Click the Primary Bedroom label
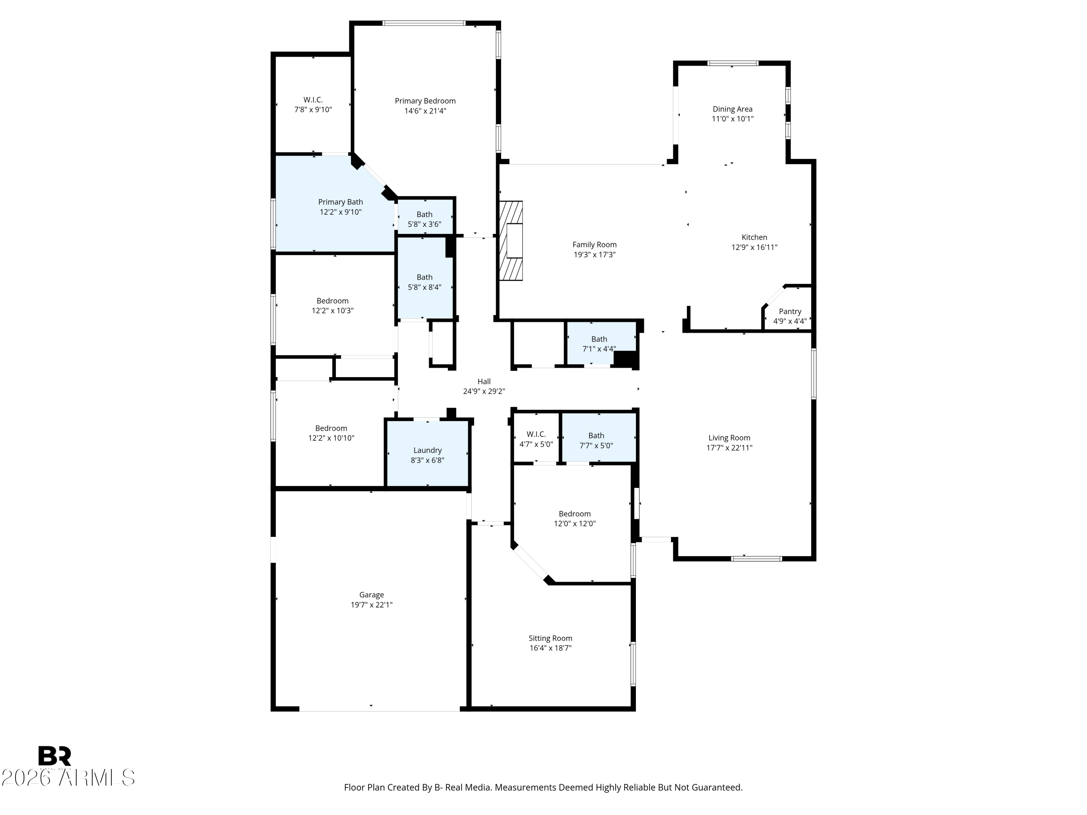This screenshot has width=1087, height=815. coord(425,101)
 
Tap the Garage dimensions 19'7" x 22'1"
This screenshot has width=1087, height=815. coord(371,605)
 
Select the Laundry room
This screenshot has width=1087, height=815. coord(427,455)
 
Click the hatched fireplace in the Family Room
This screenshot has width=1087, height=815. coord(511,241)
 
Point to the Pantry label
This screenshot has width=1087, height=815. coord(790,312)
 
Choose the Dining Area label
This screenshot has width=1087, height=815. coord(732,109)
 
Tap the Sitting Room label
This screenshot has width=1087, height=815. coord(550,638)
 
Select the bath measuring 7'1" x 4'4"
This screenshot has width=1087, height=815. coord(599,343)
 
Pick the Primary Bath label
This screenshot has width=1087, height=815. coord(340,202)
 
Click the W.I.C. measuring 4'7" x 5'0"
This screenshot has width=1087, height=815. coord(536,439)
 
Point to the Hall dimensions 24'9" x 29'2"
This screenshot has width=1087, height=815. coord(484,392)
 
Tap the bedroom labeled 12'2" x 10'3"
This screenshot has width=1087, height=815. coord(332,306)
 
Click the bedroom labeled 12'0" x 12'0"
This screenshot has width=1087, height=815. coord(574,518)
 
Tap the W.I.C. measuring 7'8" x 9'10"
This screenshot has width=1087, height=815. coord(313,105)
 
